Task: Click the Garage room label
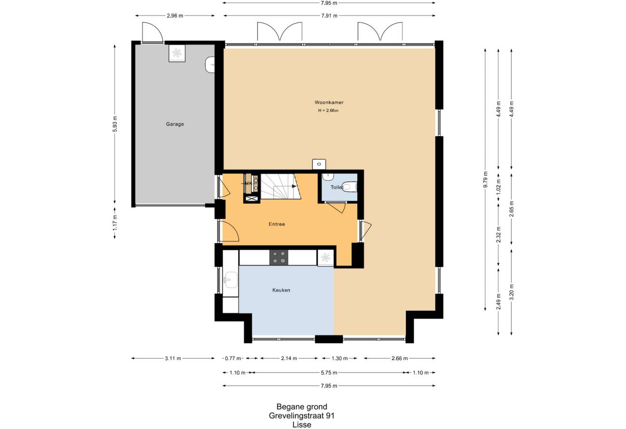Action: click(175, 124)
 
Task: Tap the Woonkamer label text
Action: click(329, 102)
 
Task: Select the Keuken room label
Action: click(281, 290)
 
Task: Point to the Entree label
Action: click(277, 224)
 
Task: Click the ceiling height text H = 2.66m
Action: click(328, 110)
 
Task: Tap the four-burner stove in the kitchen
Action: click(279, 257)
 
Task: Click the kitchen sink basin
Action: click(231, 280)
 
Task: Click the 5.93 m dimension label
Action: click(115, 124)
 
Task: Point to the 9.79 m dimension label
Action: click(485, 179)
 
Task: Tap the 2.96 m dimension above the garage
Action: click(175, 15)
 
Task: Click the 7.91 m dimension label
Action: click(329, 15)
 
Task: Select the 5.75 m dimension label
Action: click(329, 373)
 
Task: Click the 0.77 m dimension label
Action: click(233, 358)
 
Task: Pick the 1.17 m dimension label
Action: click(115, 223)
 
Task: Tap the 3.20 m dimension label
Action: click(511, 292)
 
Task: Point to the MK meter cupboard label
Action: click(248, 184)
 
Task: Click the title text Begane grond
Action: click(302, 406)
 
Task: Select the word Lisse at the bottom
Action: click(302, 425)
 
